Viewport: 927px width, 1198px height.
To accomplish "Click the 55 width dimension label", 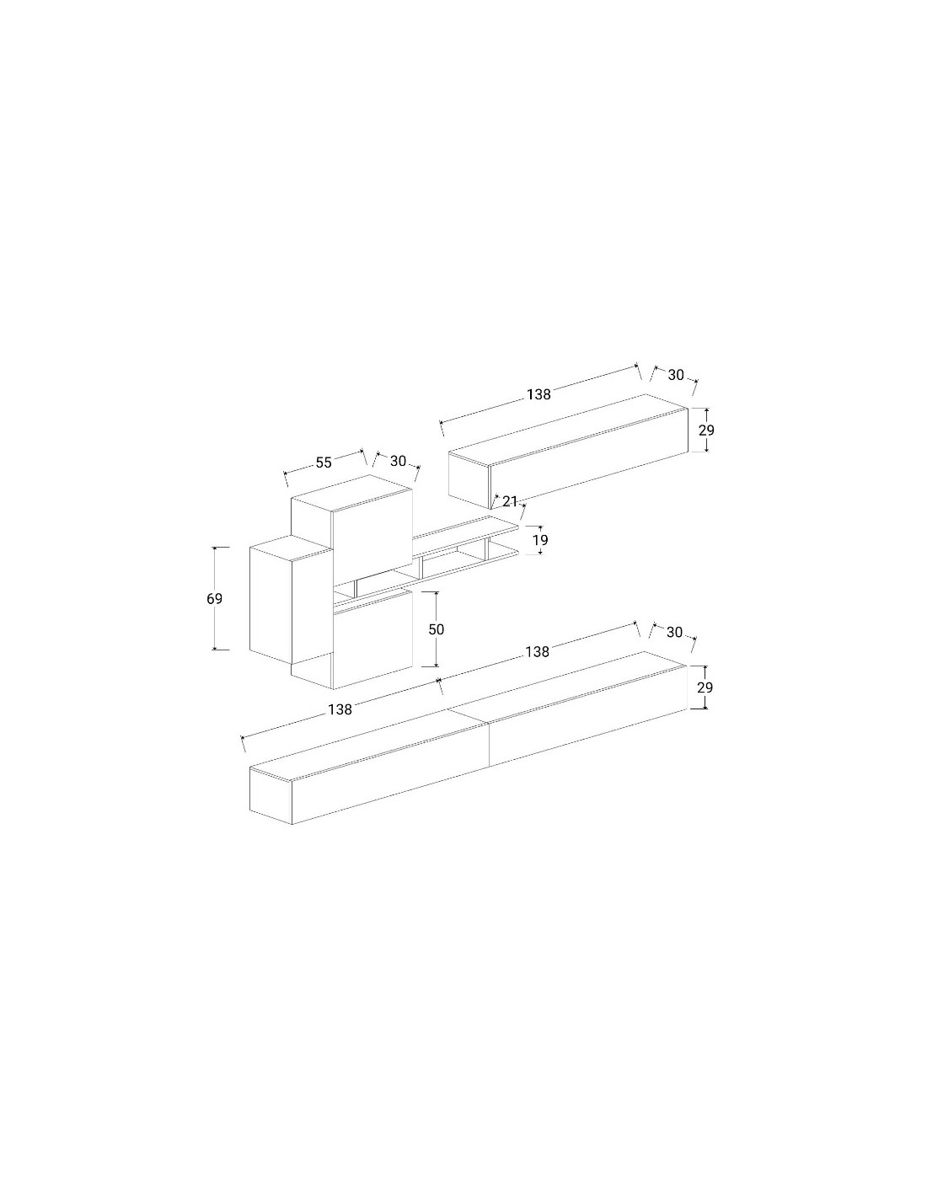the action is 324,463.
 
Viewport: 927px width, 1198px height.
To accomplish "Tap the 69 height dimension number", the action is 215,598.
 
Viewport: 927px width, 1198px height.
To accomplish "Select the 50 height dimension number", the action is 437,629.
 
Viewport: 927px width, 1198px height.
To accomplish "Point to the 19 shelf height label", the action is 540,540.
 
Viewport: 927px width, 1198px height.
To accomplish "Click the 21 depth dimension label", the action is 510,501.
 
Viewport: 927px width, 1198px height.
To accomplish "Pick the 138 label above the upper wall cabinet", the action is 539,394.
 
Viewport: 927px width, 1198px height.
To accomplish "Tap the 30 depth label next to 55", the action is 398,461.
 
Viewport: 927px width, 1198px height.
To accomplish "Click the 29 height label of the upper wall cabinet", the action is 706,430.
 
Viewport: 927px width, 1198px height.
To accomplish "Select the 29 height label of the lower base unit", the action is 705,687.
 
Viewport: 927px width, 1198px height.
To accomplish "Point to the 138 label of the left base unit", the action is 340,709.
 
